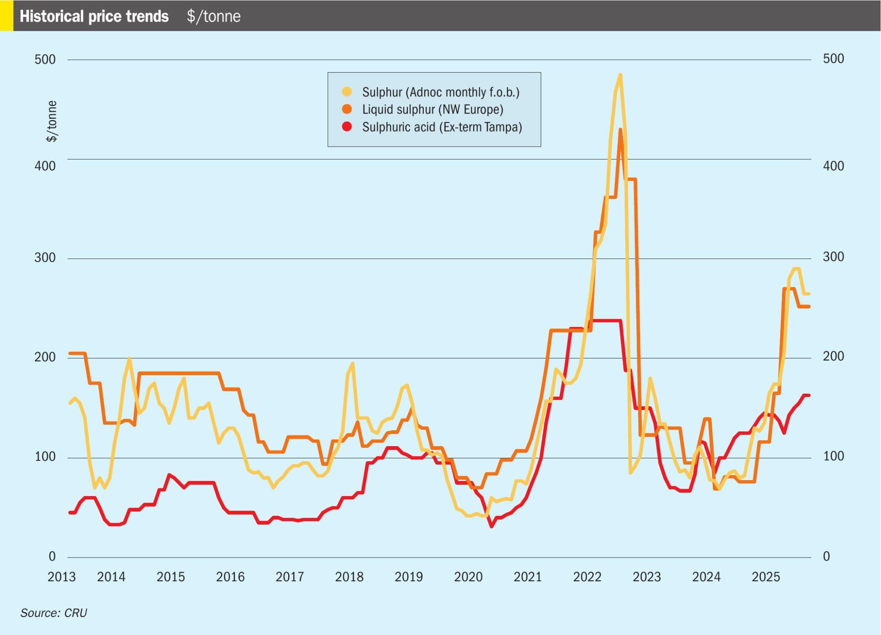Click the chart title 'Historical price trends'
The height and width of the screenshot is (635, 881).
(x=94, y=16)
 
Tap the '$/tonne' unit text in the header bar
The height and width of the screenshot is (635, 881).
(x=213, y=16)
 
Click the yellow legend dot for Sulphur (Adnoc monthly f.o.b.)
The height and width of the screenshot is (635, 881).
(x=347, y=92)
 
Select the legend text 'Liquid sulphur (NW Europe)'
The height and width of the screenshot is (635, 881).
(x=432, y=109)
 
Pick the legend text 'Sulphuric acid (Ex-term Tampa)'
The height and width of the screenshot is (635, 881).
(x=442, y=127)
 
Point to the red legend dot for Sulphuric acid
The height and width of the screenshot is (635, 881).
(x=347, y=127)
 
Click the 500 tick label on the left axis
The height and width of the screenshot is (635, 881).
(x=45, y=59)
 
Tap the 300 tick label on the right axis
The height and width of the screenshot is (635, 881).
(x=833, y=257)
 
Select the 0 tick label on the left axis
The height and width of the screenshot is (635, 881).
(x=52, y=556)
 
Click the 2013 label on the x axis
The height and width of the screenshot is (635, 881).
(x=62, y=576)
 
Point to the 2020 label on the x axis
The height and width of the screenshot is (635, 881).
(x=468, y=576)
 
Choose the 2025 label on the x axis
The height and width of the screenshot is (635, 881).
(x=766, y=576)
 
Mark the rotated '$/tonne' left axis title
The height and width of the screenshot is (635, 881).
(x=52, y=121)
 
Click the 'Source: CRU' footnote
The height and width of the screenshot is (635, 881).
(x=54, y=613)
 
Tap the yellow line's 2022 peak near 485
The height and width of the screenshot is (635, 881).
(x=620, y=76)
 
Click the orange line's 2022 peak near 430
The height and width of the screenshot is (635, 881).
(x=620, y=129)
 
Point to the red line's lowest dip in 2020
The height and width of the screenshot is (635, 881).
(x=491, y=526)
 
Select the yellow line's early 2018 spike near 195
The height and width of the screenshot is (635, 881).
(x=352, y=364)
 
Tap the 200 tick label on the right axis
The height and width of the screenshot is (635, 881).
(x=833, y=357)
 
